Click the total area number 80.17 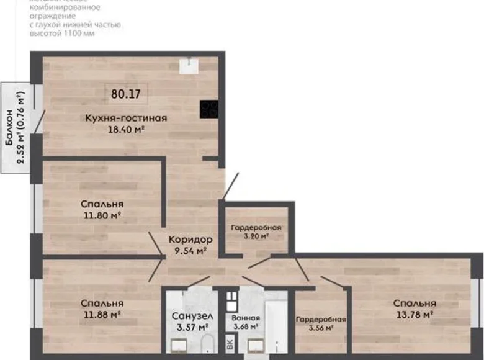tap(126, 95)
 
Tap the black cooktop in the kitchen tap(209, 109)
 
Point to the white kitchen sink tap(188, 65)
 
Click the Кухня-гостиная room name tap(126, 118)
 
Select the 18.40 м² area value tap(127, 130)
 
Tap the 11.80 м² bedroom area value tap(101, 215)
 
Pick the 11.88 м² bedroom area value tap(101, 315)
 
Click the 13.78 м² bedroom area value tap(414, 315)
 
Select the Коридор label tap(191, 240)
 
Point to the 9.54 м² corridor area tap(191, 251)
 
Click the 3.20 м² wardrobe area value tap(256, 236)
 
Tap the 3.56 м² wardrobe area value tap(320, 329)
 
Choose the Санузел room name tap(189, 315)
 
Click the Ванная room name tap(247, 318)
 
